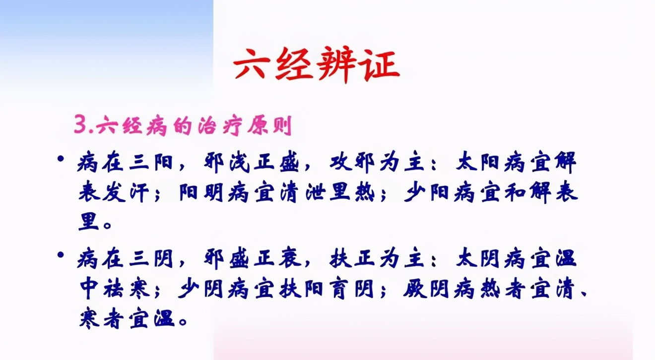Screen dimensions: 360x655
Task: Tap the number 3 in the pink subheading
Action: [x=80, y=125]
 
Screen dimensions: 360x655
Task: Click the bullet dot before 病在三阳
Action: [x=61, y=160]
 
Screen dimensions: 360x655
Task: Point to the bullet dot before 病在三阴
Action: [x=61, y=256]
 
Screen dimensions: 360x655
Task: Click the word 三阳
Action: [x=148, y=163]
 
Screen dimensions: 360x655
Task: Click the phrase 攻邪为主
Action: [x=377, y=163]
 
